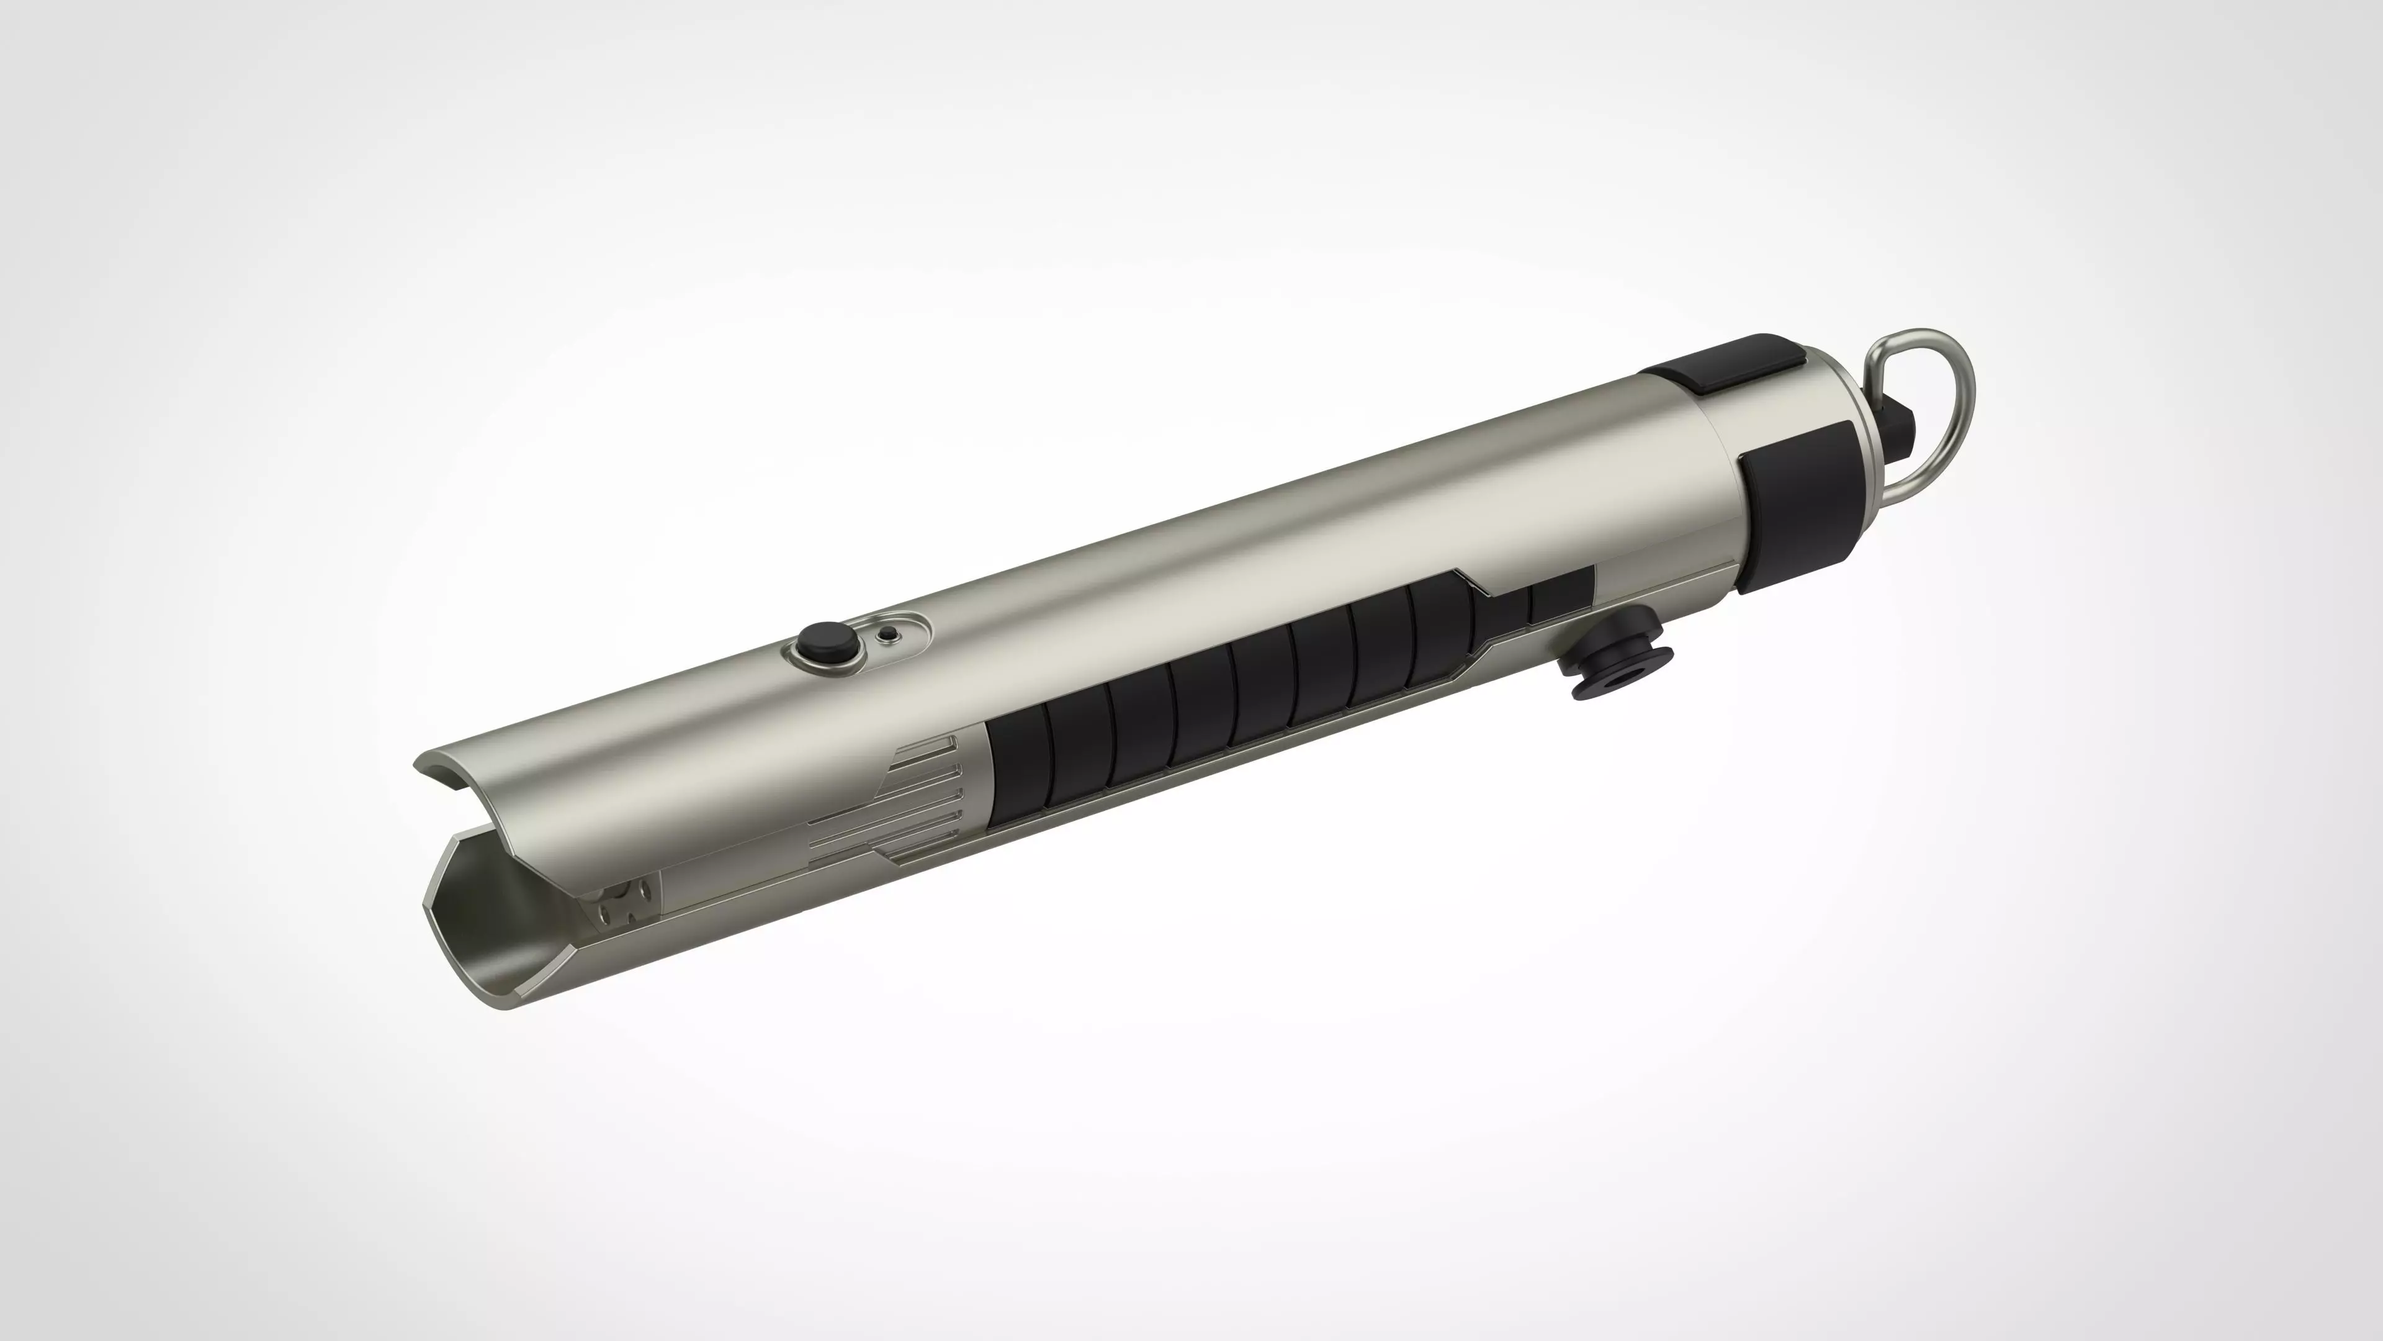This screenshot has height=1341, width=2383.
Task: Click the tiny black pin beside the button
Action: [x=889, y=635]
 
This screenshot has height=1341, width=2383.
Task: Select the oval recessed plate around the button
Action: [x=856, y=643]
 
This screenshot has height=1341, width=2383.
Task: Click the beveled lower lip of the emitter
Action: [x=537, y=981]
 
